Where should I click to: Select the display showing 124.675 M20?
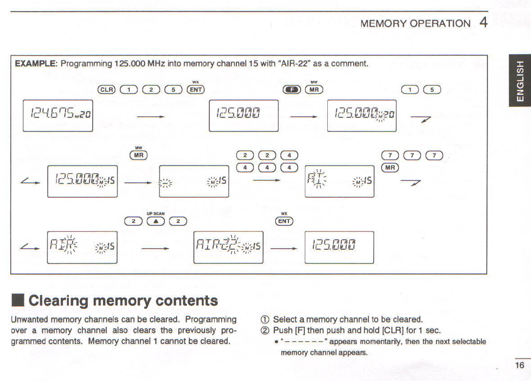coord(58,115)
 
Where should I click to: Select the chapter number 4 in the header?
coord(483,22)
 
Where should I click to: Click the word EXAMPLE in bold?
coord(36,63)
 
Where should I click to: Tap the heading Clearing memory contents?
coord(123,301)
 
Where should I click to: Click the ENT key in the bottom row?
coord(284,221)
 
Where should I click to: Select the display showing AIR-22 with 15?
coord(228,247)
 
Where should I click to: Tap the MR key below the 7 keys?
coord(391,167)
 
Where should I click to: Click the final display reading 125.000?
coord(339,247)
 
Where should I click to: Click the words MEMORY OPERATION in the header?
coord(415,23)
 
